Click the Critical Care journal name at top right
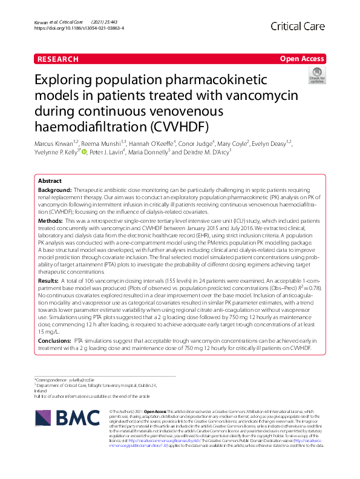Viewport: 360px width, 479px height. [298, 26]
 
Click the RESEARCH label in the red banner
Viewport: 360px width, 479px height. [57, 59]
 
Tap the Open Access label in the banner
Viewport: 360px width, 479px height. [302, 59]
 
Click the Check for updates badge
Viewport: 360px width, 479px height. [316, 77]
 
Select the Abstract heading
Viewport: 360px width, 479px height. [50, 181]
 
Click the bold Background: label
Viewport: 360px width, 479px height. [55, 190]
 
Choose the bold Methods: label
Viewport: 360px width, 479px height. [51, 222]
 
